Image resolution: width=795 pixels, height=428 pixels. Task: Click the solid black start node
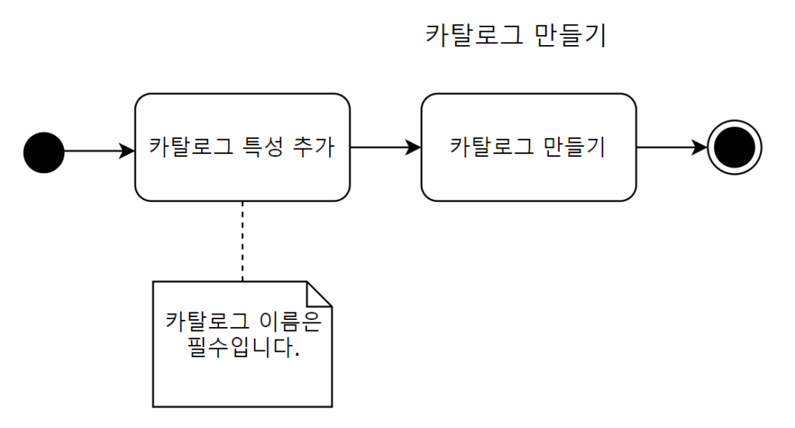(43, 151)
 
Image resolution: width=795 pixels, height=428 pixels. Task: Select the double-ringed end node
(734, 148)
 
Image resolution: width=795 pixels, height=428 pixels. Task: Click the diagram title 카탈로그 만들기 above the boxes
(516, 36)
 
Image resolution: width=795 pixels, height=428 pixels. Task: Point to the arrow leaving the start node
(97, 151)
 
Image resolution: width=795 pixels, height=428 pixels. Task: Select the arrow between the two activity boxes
(385, 148)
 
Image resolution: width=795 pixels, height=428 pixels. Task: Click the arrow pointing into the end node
(672, 148)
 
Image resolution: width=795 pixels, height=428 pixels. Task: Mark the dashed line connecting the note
(242, 241)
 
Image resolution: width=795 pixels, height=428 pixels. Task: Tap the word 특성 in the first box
(253, 147)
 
